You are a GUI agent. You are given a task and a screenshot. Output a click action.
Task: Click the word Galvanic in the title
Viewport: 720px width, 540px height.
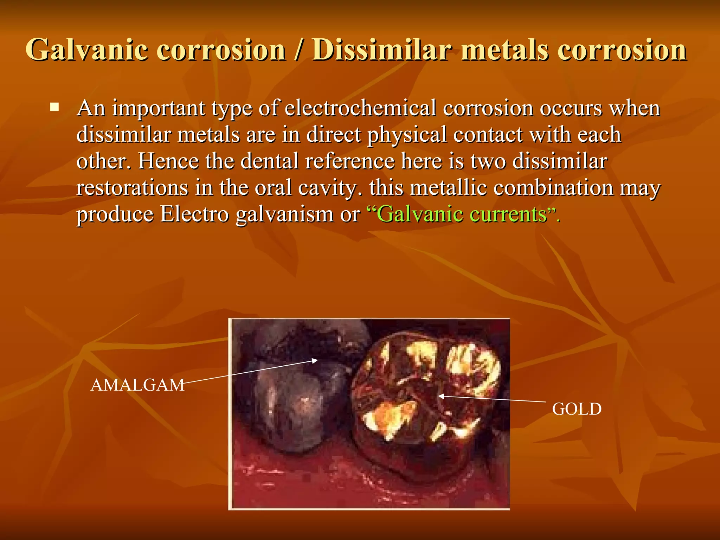86,50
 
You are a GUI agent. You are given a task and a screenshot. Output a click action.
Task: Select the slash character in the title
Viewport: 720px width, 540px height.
298,50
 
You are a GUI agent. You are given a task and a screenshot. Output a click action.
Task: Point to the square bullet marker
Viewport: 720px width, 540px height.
54,107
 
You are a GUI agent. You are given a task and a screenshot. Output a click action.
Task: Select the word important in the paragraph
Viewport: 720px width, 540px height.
158,109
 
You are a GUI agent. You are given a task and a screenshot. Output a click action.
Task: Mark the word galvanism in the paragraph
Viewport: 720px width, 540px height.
284,214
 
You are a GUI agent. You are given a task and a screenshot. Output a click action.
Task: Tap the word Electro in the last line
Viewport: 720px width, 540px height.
194,214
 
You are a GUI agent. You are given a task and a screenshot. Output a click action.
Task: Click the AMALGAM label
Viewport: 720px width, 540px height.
137,385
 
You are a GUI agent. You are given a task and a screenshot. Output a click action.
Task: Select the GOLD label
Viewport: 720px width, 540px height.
577,409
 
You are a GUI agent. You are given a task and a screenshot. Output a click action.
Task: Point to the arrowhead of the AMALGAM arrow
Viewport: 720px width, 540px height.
316,360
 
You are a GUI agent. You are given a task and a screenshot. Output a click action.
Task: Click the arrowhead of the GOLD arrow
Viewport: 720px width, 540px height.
440,396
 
